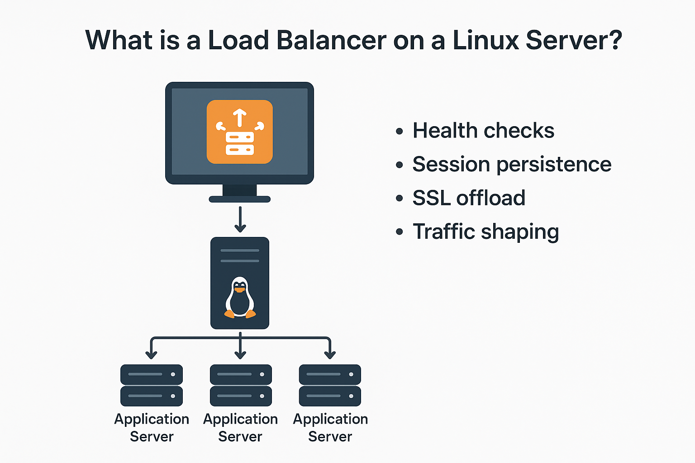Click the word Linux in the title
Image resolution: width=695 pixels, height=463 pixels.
(486, 40)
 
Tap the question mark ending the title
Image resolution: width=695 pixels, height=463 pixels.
(614, 40)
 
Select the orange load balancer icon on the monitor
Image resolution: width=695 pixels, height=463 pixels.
(239, 132)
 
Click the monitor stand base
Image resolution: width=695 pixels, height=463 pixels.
(239, 199)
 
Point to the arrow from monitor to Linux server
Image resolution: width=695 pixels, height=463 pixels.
(240, 220)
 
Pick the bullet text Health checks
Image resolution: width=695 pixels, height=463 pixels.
(483, 131)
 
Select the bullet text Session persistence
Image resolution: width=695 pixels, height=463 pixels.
(512, 164)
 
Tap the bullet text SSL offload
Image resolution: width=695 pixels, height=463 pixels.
(469, 198)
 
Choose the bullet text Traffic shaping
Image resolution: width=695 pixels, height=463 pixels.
(486, 231)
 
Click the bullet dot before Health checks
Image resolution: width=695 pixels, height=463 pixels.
(399, 132)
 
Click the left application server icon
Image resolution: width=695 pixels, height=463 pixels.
(152, 385)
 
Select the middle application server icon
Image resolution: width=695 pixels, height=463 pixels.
(241, 385)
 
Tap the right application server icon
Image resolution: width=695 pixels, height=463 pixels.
(330, 385)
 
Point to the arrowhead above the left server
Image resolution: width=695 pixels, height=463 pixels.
(152, 354)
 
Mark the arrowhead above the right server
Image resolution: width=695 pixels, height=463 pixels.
(330, 354)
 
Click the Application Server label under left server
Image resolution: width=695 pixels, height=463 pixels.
(152, 428)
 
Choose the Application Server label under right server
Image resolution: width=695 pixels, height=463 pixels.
(330, 428)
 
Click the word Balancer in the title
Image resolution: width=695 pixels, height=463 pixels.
(331, 40)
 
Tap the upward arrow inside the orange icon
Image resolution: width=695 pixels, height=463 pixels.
(240, 118)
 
